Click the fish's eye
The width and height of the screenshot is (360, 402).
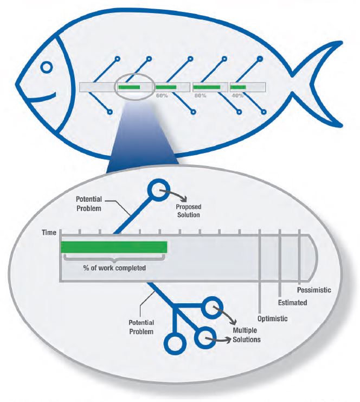click(47, 67)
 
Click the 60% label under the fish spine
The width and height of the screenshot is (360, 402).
click(162, 95)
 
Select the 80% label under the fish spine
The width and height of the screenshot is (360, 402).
click(201, 95)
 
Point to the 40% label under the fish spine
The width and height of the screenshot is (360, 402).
click(237, 95)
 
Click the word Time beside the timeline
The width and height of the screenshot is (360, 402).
click(49, 233)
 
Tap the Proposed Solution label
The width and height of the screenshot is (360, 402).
click(189, 210)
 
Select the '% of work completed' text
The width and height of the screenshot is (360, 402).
click(114, 268)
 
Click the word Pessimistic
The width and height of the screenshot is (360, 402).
click(314, 290)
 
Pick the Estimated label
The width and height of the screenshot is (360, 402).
click(292, 303)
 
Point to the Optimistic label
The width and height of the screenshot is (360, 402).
click(272, 318)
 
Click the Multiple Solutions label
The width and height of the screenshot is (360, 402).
click(247, 335)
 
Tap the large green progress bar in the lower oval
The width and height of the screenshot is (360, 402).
click(114, 247)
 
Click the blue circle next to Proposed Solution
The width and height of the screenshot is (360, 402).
click(159, 190)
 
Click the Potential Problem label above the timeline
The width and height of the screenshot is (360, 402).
click(89, 204)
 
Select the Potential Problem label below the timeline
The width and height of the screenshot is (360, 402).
click(141, 327)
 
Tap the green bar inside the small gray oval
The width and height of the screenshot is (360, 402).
click(129, 87)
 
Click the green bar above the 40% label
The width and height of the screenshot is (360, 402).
click(239, 87)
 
